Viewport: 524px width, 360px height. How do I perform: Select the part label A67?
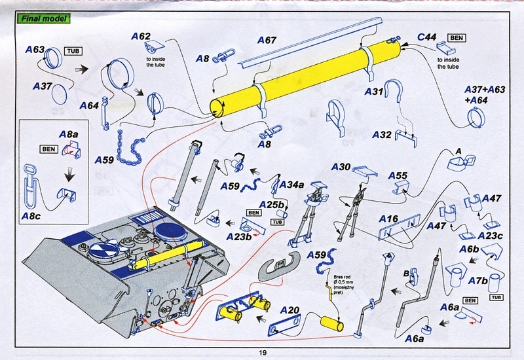click(266, 41)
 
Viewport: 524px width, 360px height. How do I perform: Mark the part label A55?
click(398, 175)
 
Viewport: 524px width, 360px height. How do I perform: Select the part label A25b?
click(270, 205)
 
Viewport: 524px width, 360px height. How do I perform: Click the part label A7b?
click(478, 280)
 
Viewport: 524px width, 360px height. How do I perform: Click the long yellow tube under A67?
click(301, 82)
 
